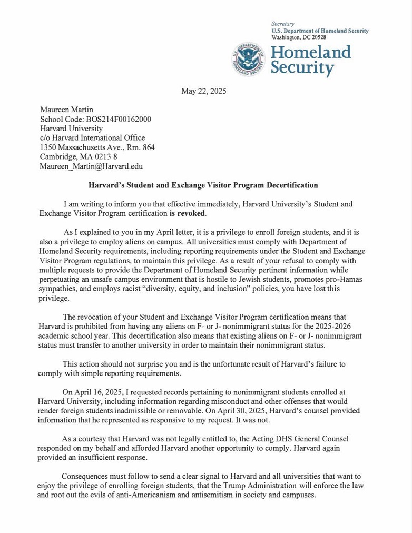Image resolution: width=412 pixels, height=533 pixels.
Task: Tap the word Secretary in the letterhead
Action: (x=282, y=24)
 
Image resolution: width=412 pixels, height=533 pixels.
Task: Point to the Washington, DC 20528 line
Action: (x=298, y=37)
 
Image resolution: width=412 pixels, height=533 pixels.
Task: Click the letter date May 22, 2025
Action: (x=203, y=91)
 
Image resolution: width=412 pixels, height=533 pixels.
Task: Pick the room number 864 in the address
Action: (x=149, y=147)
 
